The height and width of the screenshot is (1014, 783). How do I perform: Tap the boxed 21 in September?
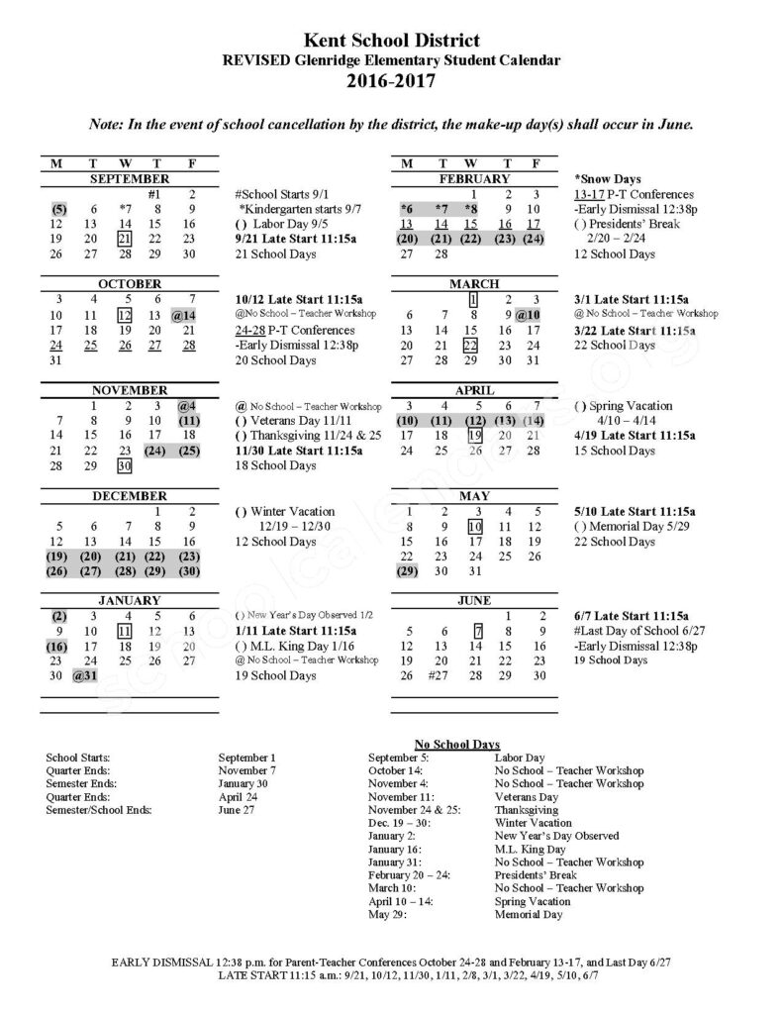click(125, 239)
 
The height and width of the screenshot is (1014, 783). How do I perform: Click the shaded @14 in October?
click(185, 315)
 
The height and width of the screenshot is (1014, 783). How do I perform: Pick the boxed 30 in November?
click(125, 465)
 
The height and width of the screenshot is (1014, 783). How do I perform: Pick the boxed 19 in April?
click(474, 436)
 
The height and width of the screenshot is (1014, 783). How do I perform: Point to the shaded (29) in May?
click(408, 571)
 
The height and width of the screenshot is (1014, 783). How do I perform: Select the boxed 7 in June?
click(477, 631)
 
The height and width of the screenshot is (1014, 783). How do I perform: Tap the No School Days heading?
click(456, 744)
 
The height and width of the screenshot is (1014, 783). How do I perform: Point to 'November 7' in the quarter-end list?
click(246, 770)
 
